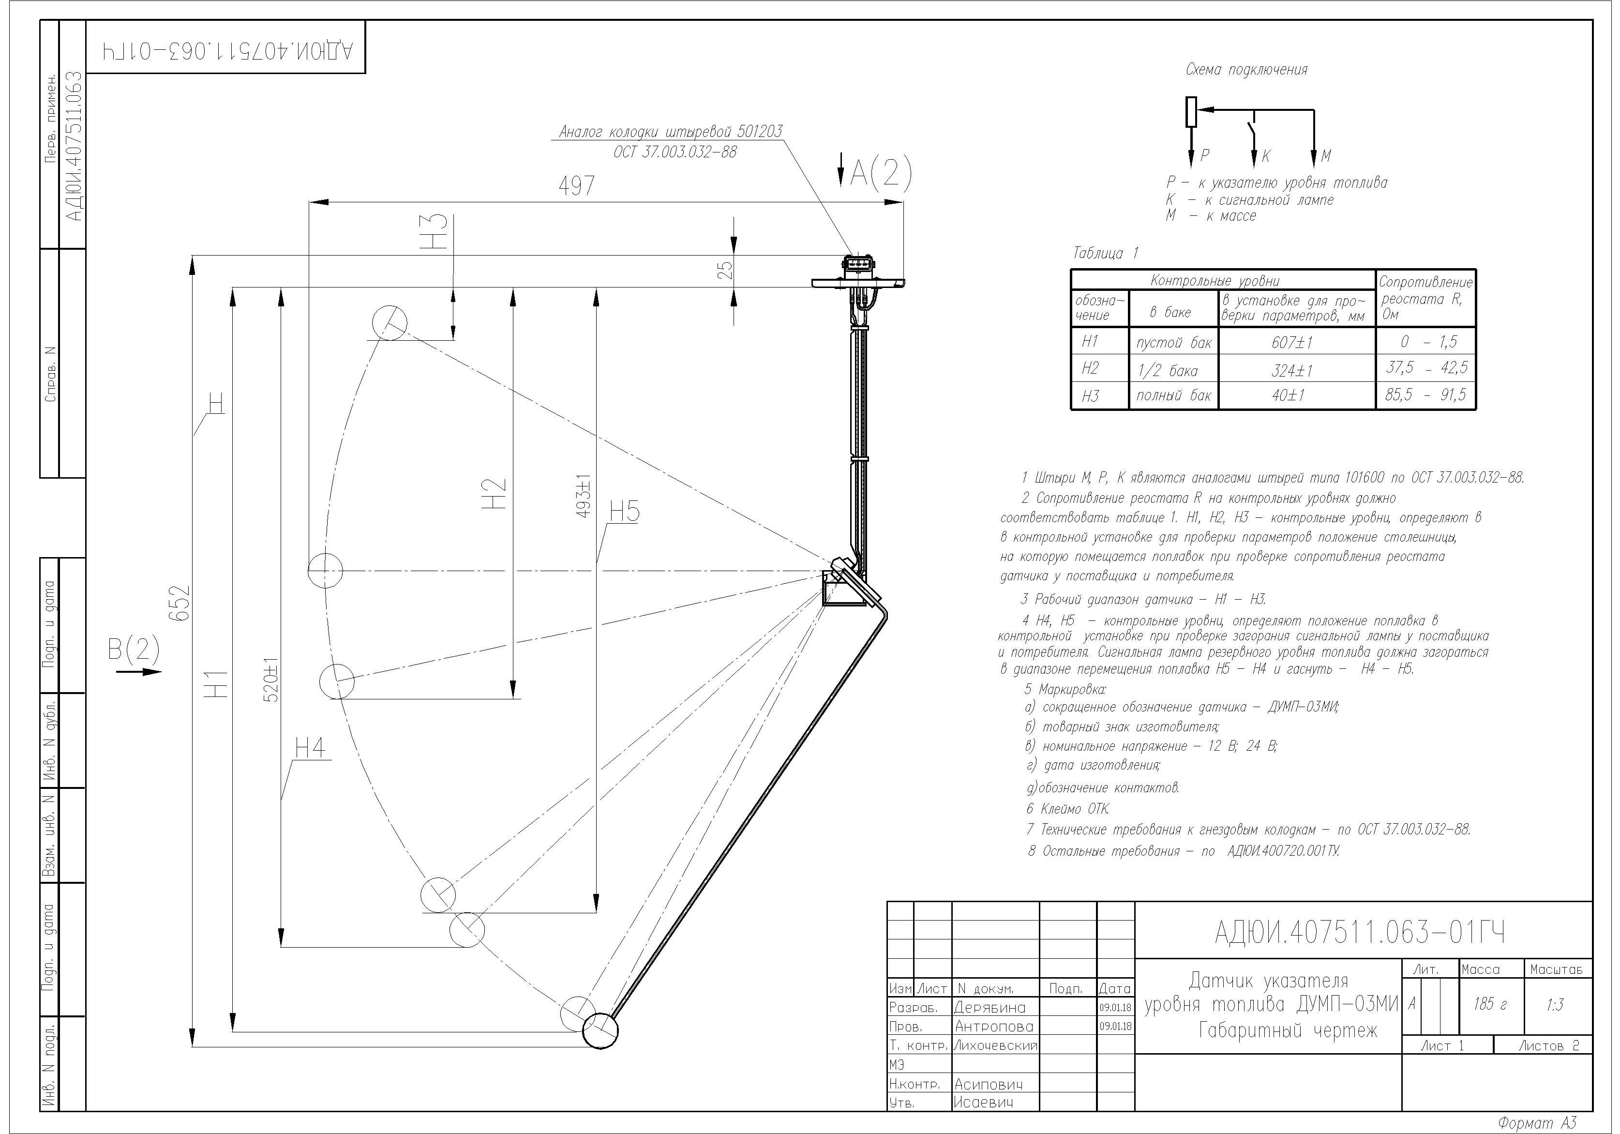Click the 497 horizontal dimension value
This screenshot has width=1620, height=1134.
[x=576, y=185]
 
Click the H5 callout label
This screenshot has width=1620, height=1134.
[x=624, y=511]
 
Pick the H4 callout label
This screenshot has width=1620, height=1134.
[x=310, y=747]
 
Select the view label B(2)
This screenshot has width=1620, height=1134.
[x=134, y=649]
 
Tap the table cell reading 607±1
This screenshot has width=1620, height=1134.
[x=1292, y=342]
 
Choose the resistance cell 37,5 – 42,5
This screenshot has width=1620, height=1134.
[x=1425, y=368]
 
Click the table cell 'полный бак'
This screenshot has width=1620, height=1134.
[x=1173, y=395]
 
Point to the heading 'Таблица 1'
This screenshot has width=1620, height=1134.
[x=1105, y=253]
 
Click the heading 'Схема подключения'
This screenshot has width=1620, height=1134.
[x=1246, y=70]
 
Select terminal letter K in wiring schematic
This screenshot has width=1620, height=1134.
[x=1266, y=156]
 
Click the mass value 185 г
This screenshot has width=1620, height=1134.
[x=1489, y=1003]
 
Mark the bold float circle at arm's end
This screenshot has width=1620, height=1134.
[x=600, y=1030]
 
